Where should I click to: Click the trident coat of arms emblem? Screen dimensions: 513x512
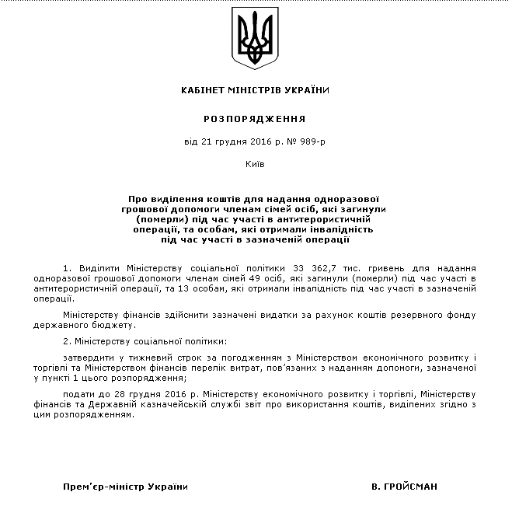point(256,39)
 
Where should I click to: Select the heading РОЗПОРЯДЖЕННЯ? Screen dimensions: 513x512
point(255,119)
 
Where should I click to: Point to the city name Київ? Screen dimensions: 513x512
point(255,165)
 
